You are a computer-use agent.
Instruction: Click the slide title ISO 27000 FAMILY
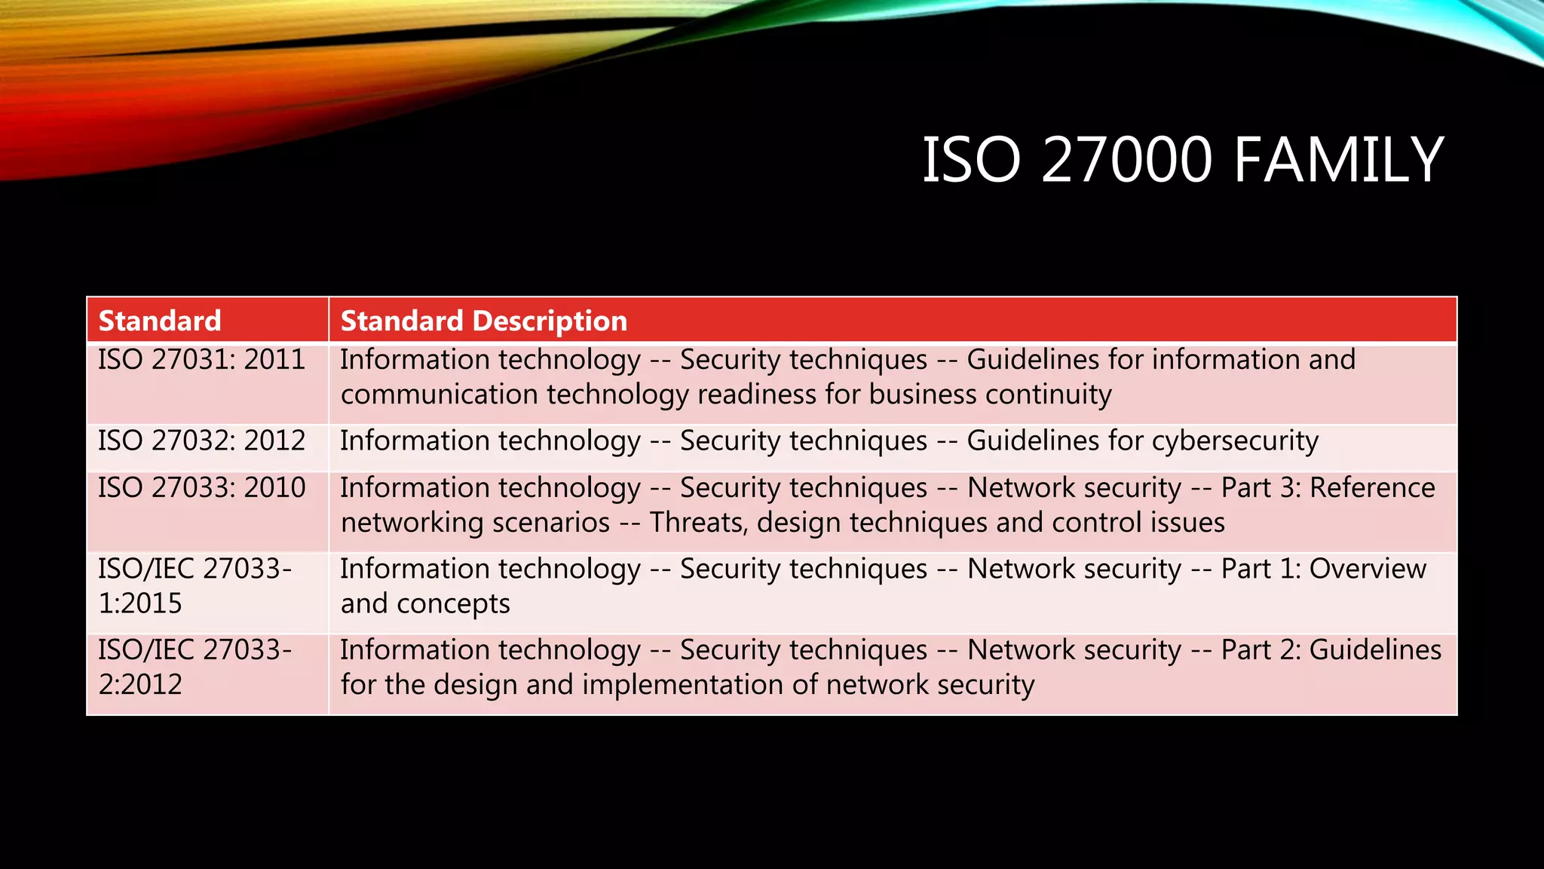click(x=1182, y=160)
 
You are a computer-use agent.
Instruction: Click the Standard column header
click(x=160, y=321)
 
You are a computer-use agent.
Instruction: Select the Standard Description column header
click(x=483, y=321)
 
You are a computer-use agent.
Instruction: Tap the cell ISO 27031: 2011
click(x=201, y=360)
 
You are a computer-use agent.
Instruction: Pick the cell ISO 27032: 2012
click(x=201, y=441)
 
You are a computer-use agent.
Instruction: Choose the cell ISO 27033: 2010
click(x=201, y=488)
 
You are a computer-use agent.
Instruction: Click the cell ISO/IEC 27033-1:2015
click(x=195, y=586)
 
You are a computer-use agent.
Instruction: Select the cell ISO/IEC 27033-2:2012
click(x=195, y=667)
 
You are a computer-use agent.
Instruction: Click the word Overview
click(x=1368, y=569)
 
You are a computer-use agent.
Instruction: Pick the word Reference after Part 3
click(x=1372, y=488)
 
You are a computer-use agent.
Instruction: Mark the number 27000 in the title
click(x=1127, y=160)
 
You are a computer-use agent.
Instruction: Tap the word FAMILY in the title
click(x=1339, y=160)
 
